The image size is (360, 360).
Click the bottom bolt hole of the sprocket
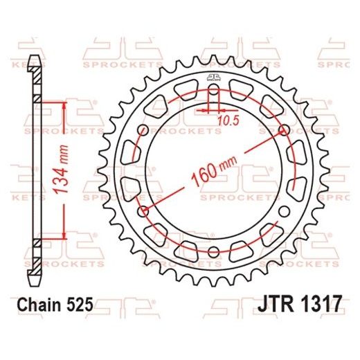click(213, 251)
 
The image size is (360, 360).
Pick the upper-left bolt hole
click(143, 130)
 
